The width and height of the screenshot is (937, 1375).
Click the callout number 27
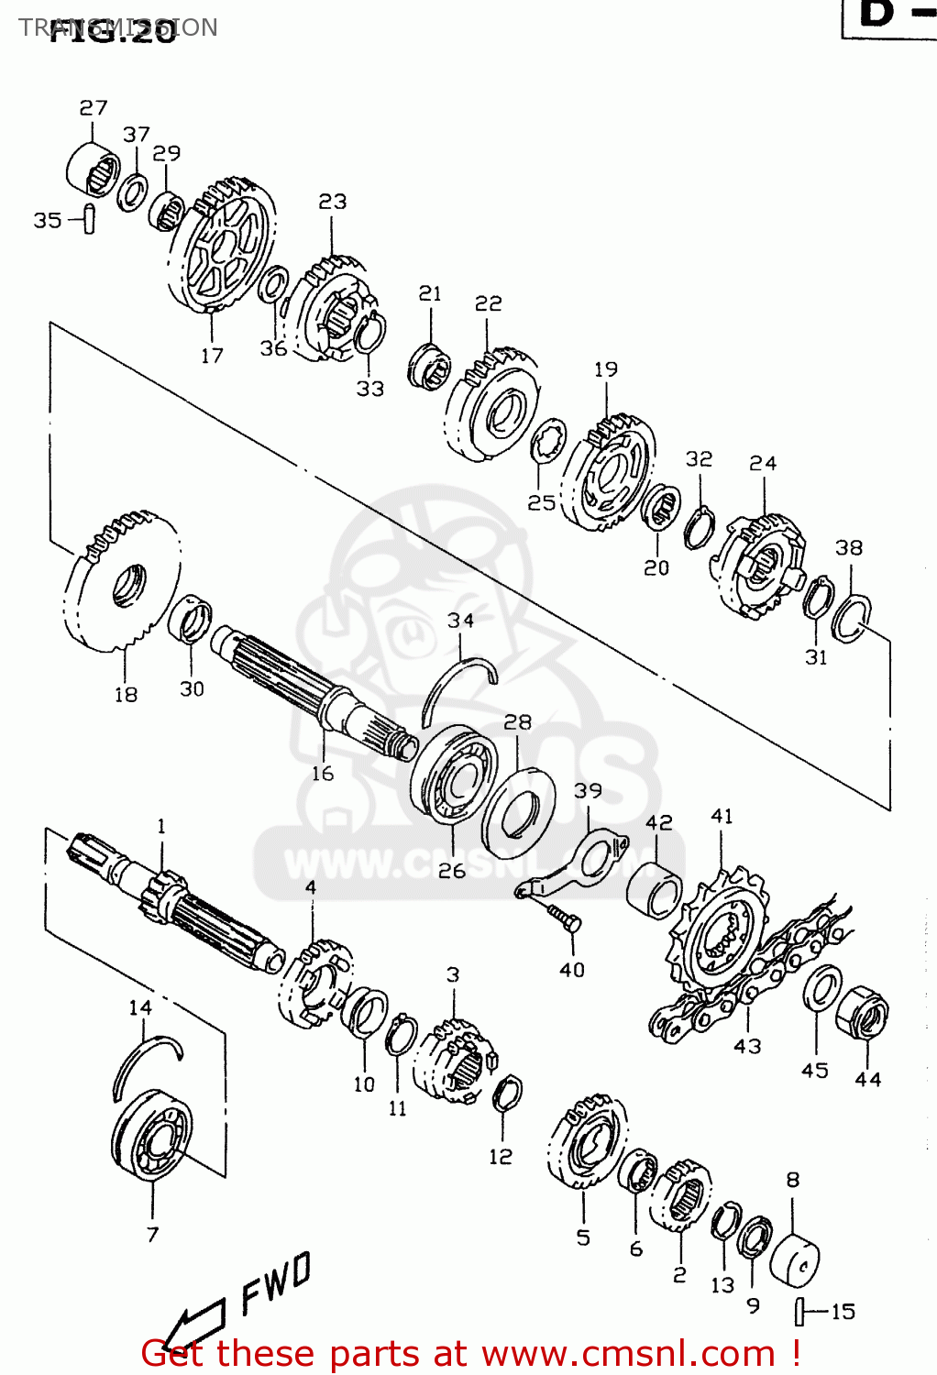pyautogui.click(x=94, y=108)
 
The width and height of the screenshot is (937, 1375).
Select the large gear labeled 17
pyautogui.click(x=223, y=245)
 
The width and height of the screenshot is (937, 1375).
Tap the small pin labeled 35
pyautogui.click(x=88, y=220)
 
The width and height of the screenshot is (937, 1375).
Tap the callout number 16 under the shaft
pyautogui.click(x=323, y=774)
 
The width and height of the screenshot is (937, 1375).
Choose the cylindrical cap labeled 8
pyautogui.click(x=794, y=1260)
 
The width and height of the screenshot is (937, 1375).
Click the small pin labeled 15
pyautogui.click(x=799, y=1312)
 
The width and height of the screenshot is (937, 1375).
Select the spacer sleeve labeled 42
pyautogui.click(x=655, y=888)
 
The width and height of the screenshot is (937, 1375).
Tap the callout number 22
pyautogui.click(x=489, y=303)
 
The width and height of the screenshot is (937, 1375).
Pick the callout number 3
pyautogui.click(x=453, y=974)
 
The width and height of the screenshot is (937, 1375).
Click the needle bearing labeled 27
pyautogui.click(x=93, y=169)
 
